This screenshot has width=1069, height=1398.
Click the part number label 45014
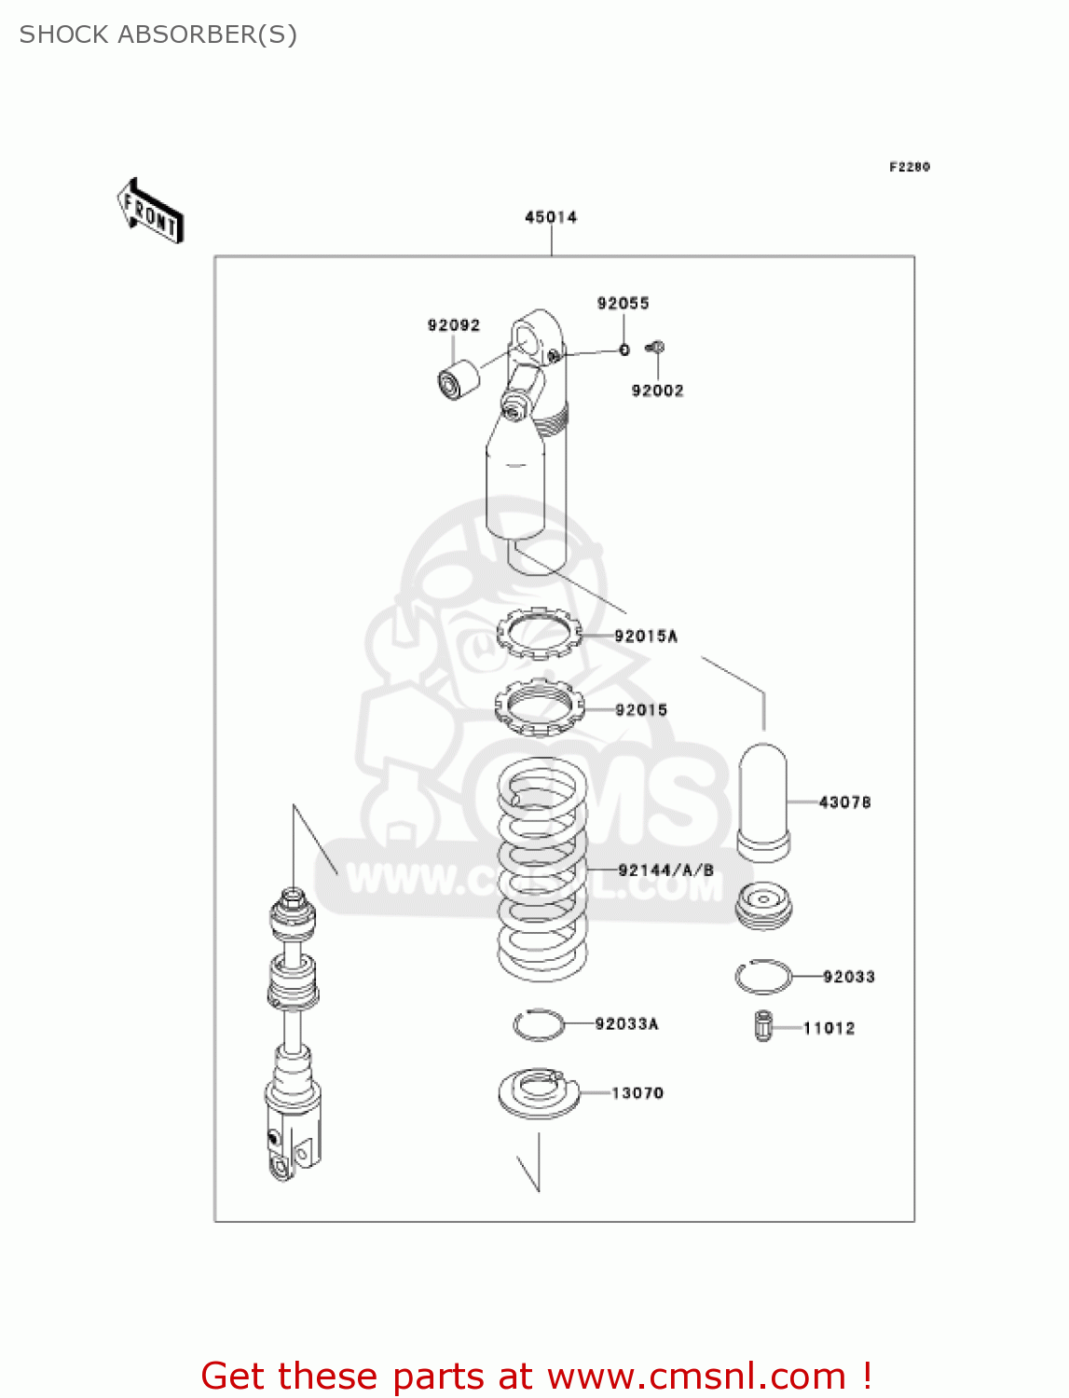click(x=551, y=217)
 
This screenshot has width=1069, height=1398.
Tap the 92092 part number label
click(x=454, y=325)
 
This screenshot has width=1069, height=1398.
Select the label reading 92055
click(x=623, y=303)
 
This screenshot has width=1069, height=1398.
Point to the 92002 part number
click(x=657, y=391)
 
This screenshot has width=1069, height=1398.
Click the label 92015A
click(x=646, y=636)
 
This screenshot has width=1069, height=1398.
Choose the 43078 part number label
click(x=844, y=802)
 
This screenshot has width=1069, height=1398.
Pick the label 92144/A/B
click(x=665, y=870)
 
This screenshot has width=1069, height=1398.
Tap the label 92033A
click(x=626, y=1023)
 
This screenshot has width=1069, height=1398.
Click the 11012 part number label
click(x=829, y=1028)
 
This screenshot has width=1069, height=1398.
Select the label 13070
click(x=637, y=1092)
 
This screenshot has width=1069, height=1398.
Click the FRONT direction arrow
click(x=150, y=212)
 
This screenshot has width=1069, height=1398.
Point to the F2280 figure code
click(x=909, y=167)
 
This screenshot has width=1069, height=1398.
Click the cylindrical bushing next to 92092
click(x=459, y=378)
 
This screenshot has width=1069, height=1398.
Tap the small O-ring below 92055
click(x=624, y=349)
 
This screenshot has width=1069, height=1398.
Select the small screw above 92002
click(x=655, y=348)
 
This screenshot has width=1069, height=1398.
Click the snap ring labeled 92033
click(x=763, y=977)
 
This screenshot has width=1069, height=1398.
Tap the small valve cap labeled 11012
click(x=763, y=1026)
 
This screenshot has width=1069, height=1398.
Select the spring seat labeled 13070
click(x=539, y=1092)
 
